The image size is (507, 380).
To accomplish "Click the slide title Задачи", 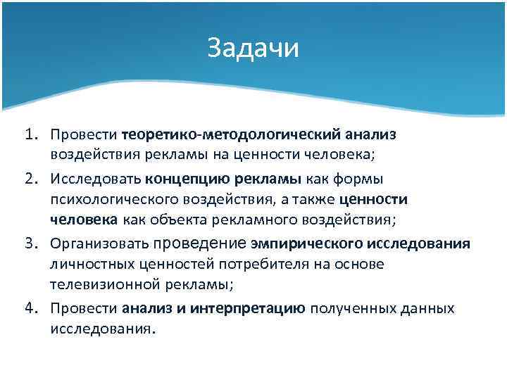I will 254,49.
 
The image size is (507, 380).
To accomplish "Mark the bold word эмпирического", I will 306,243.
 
